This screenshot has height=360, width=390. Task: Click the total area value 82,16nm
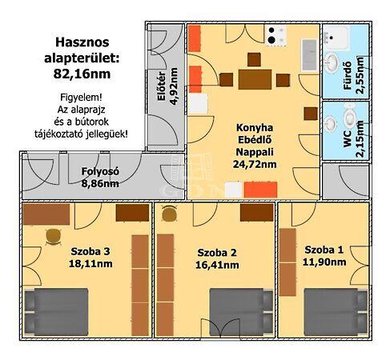(x=82, y=74)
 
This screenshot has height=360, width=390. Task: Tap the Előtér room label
(x=162, y=86)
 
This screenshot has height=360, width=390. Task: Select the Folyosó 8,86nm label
(x=100, y=178)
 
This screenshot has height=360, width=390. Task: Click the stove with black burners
(x=276, y=35)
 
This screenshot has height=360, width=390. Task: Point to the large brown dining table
(x=255, y=79)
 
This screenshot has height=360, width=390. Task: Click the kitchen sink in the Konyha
(x=309, y=54)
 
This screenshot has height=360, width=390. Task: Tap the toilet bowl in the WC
(x=349, y=117)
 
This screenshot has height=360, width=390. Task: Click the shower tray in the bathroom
(x=336, y=38)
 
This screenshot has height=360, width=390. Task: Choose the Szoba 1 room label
(x=324, y=250)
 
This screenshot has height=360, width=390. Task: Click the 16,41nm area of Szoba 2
(x=217, y=265)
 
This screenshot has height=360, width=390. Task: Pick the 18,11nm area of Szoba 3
(x=90, y=264)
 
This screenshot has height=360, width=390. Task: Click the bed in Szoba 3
(x=56, y=312)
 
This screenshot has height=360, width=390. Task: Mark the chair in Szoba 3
(x=54, y=237)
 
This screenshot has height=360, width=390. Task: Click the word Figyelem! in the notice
(x=81, y=97)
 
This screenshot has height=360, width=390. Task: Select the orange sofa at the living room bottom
(x=260, y=190)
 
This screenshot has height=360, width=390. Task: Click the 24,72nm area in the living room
(x=255, y=164)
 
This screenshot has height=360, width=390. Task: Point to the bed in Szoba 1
(x=336, y=312)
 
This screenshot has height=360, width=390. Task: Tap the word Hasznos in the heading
(x=82, y=42)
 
